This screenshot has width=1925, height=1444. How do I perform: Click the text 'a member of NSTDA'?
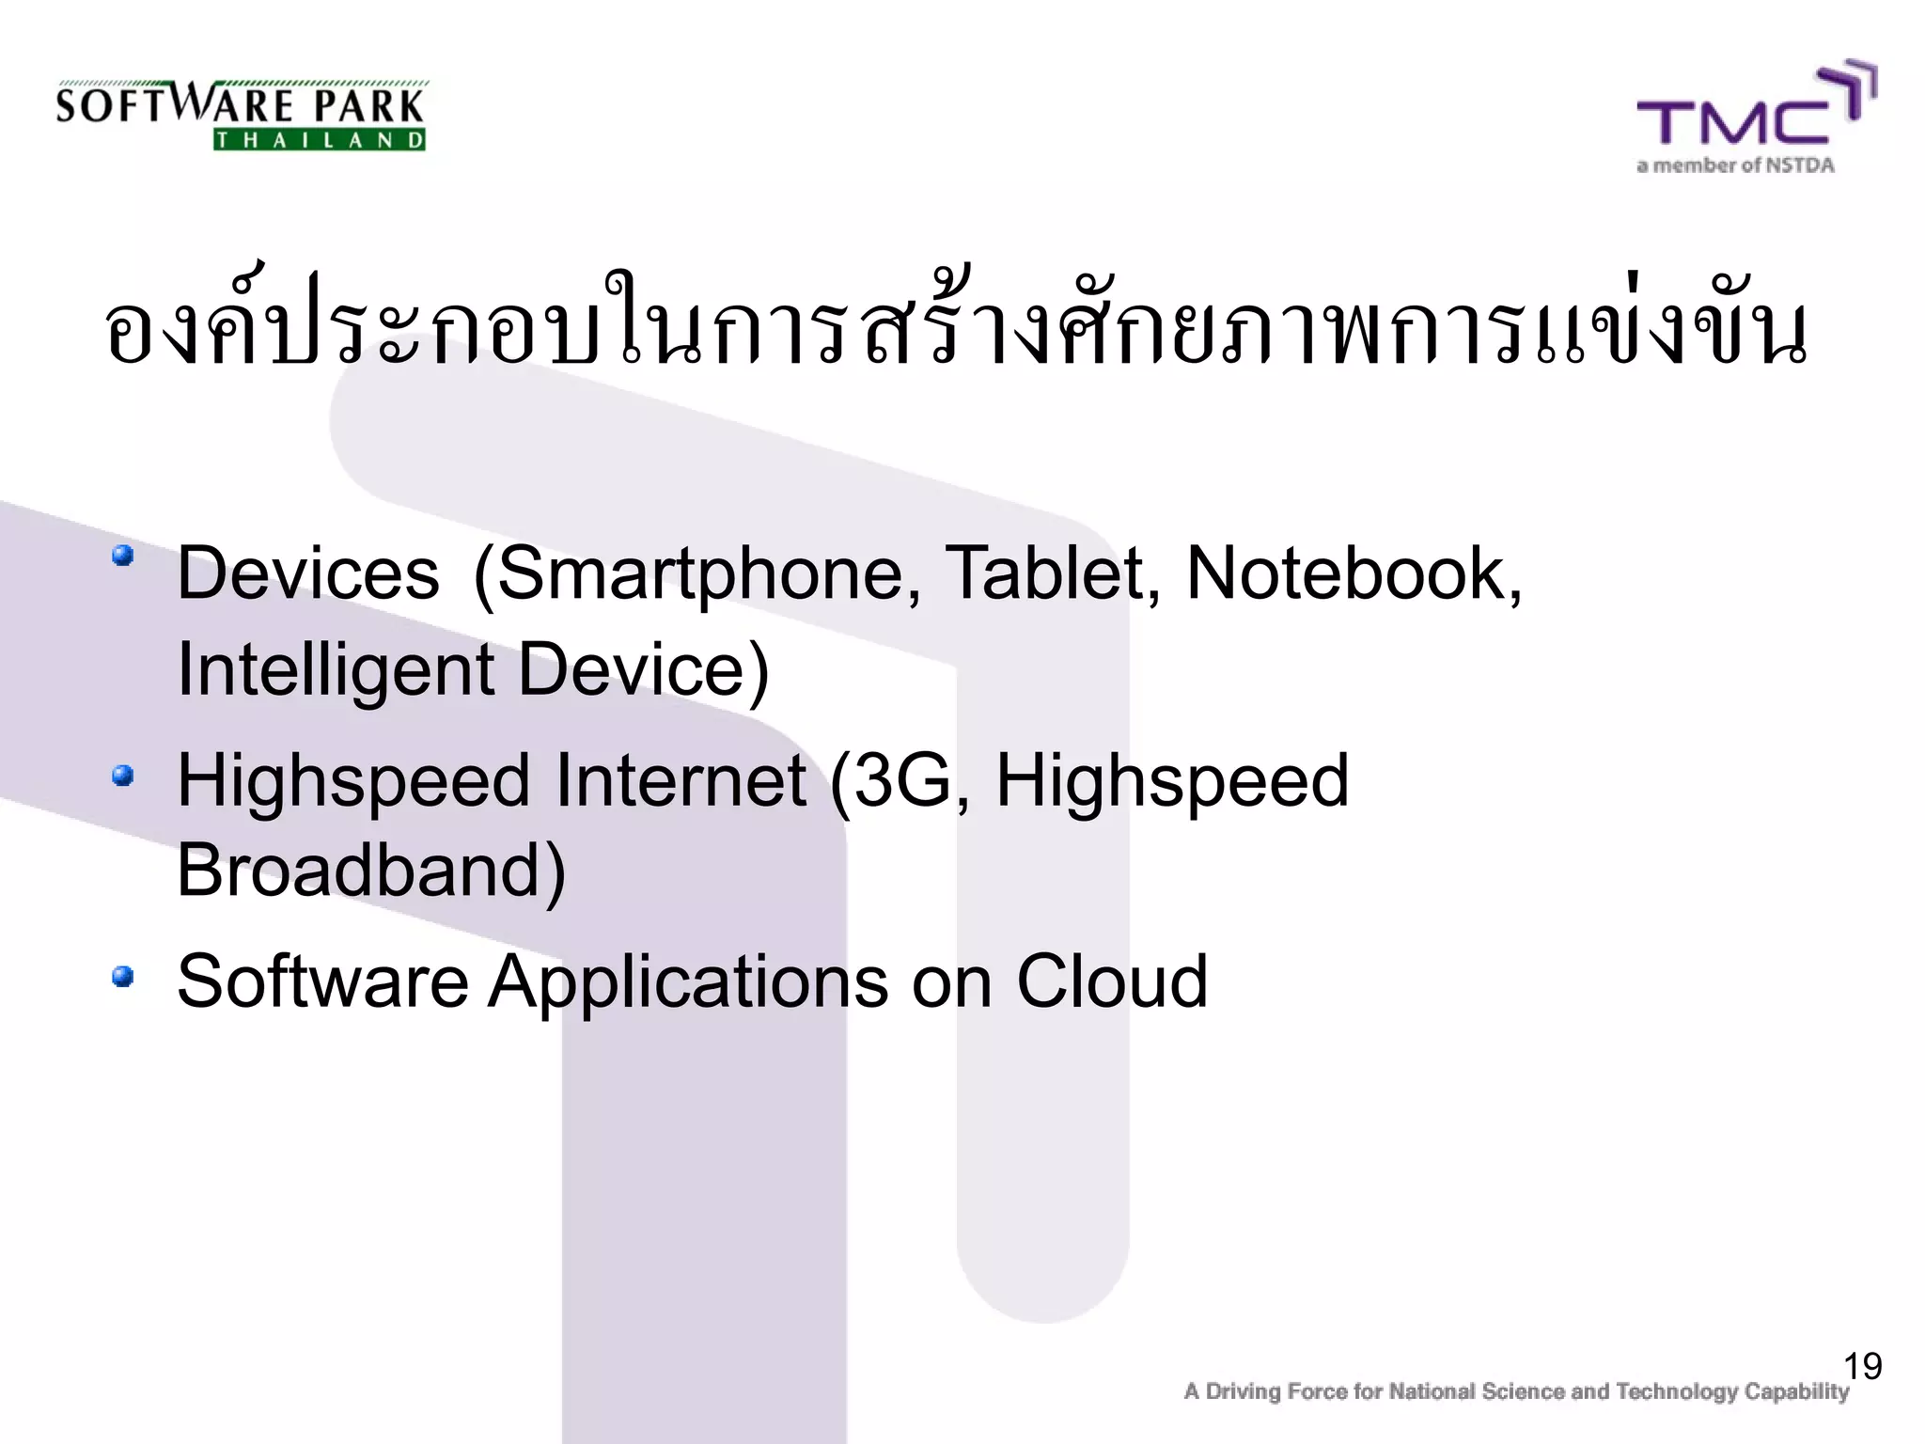[x=1735, y=166]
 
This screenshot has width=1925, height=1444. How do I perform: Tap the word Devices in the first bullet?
[x=308, y=573]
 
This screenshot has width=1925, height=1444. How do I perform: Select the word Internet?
[x=680, y=780]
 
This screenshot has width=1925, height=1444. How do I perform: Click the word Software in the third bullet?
[x=322, y=981]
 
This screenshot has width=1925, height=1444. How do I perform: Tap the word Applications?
[x=687, y=983]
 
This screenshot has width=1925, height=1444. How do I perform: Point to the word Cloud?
[x=1111, y=981]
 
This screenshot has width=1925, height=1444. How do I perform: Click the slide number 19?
[x=1862, y=1366]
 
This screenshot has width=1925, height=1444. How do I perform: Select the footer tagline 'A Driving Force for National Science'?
[x=1515, y=1391]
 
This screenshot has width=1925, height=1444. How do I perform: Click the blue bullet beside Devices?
[x=122, y=556]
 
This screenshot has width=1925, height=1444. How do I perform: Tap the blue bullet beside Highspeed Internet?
[x=122, y=777]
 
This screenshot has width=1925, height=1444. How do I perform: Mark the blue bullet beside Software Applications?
[x=122, y=978]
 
